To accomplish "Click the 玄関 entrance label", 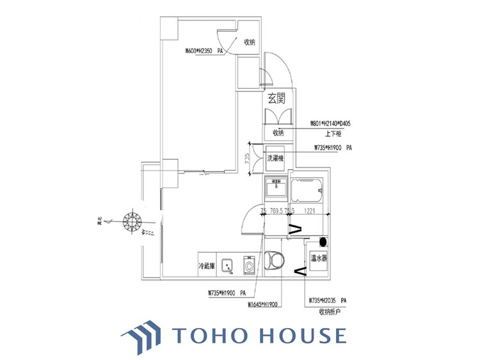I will (276, 99).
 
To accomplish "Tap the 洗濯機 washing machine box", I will (276, 156).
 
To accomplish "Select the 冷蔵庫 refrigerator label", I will (207, 264).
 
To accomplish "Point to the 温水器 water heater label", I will (319, 259).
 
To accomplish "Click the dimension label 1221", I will (312, 211).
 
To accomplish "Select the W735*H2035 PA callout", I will (327, 300).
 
